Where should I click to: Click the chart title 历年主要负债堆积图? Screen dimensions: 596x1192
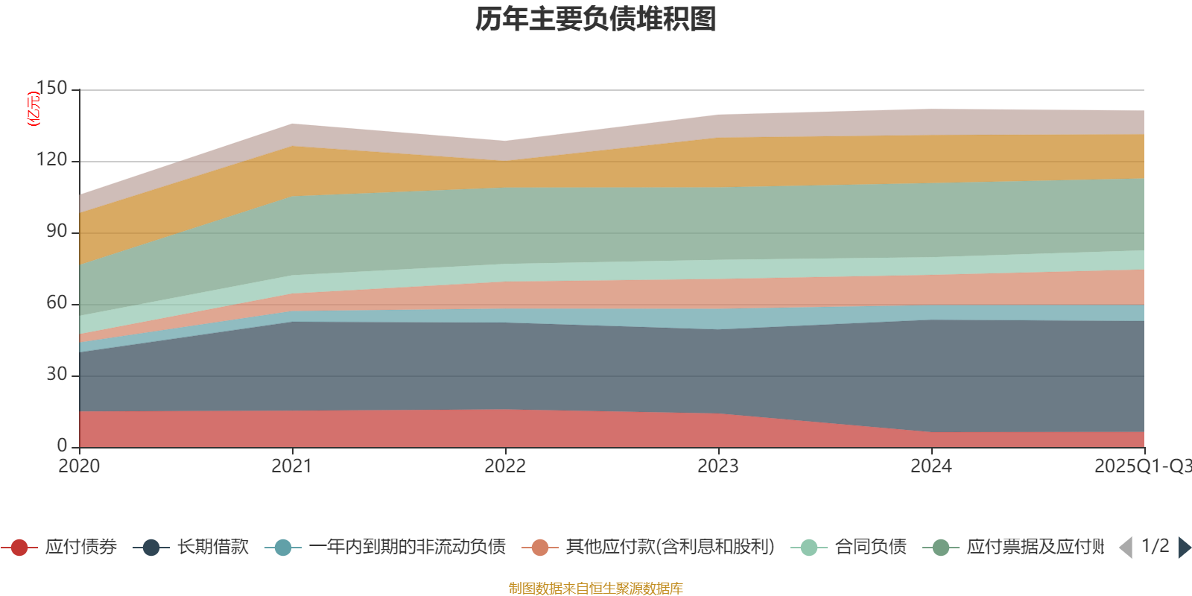click(x=596, y=19)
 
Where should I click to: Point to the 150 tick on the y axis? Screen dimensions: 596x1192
click(x=51, y=89)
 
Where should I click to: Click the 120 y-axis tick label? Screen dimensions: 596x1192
click(x=51, y=160)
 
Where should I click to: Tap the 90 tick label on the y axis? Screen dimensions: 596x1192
click(x=57, y=232)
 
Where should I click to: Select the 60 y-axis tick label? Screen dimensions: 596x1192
click(x=57, y=303)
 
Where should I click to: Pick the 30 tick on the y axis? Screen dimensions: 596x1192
click(x=57, y=375)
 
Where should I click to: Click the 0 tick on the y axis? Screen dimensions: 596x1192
click(x=62, y=446)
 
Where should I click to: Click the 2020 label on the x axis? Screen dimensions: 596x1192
click(x=79, y=466)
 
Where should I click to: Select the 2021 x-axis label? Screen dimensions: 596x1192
click(x=292, y=466)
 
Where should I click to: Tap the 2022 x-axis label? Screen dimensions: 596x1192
click(x=505, y=466)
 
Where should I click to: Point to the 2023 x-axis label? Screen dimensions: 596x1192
click(x=718, y=466)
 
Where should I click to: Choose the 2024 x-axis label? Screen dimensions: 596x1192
click(x=931, y=466)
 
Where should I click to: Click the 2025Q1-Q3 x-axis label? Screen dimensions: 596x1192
click(x=1141, y=466)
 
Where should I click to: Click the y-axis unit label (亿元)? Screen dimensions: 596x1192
click(x=34, y=109)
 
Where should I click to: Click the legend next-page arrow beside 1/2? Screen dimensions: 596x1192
click(x=1184, y=548)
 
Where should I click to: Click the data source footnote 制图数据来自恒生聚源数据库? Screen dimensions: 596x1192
click(x=596, y=589)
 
